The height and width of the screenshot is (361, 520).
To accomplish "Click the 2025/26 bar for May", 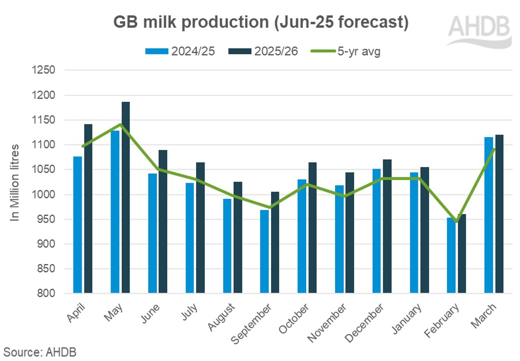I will [126, 198].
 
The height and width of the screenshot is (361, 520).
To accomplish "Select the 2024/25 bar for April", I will [77, 225].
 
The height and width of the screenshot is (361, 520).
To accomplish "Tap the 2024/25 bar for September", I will [264, 252].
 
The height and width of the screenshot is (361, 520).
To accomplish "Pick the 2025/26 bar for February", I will [462, 254].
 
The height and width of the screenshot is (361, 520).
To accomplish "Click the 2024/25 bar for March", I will [489, 216].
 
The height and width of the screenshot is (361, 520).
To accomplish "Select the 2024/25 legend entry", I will [180, 51].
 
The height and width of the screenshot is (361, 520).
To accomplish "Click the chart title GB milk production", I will [260, 22].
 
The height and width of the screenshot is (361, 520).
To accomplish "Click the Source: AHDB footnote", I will [40, 351].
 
